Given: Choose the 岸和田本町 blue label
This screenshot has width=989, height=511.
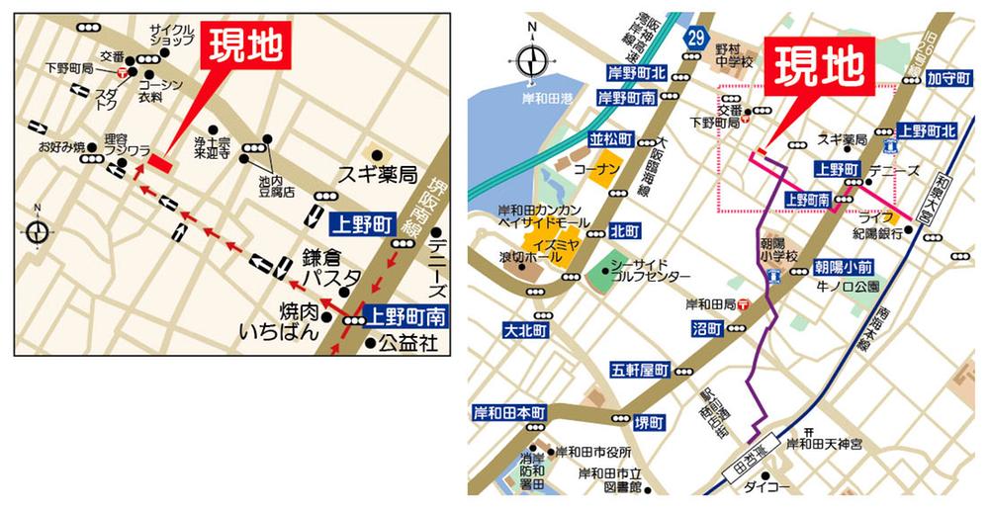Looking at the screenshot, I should click(x=508, y=411).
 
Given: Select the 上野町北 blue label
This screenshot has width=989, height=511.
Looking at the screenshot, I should click(x=927, y=130).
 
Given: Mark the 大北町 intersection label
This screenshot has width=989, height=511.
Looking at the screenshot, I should click(x=523, y=329).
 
